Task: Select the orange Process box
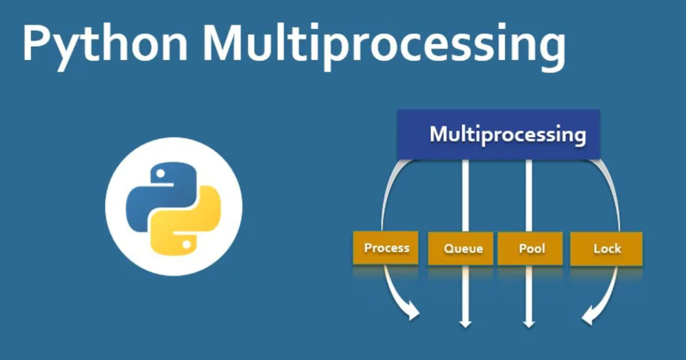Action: coord(386,248)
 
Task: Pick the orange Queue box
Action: coord(461,249)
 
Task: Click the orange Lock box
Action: coord(606,249)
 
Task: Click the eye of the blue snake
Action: coord(161,172)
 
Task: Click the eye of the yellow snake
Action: coord(186,244)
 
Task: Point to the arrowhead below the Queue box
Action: coord(465,323)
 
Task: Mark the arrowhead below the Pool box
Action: coord(529,323)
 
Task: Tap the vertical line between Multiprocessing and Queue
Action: coord(465,194)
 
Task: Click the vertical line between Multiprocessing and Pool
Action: coord(529,194)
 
